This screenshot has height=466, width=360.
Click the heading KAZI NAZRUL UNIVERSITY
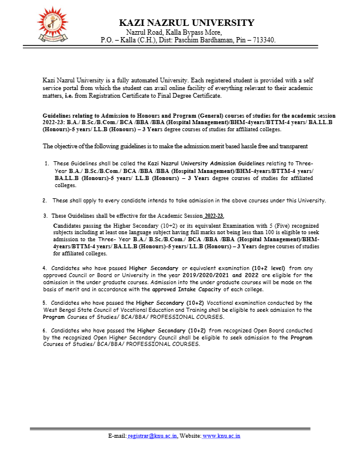click(x=186, y=23)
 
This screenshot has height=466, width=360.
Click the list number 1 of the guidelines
click(x=46, y=163)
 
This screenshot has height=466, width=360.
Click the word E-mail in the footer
click(x=117, y=436)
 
